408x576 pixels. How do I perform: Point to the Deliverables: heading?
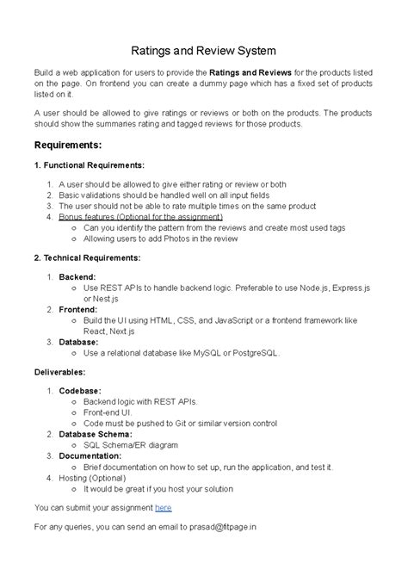click(60, 373)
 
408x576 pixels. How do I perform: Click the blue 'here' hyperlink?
click(164, 508)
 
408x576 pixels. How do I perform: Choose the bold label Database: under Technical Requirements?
click(79, 341)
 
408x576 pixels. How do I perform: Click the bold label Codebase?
click(79, 390)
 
